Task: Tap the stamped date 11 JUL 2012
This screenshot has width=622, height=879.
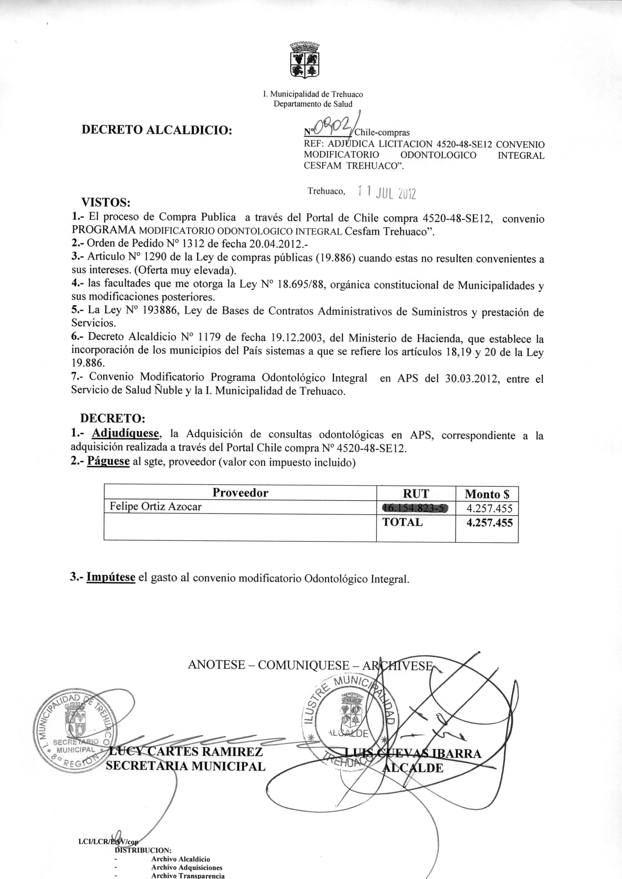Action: (x=386, y=193)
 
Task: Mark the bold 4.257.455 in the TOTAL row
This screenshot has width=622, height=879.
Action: (x=489, y=523)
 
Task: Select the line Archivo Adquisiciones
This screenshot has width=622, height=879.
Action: (x=187, y=867)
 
